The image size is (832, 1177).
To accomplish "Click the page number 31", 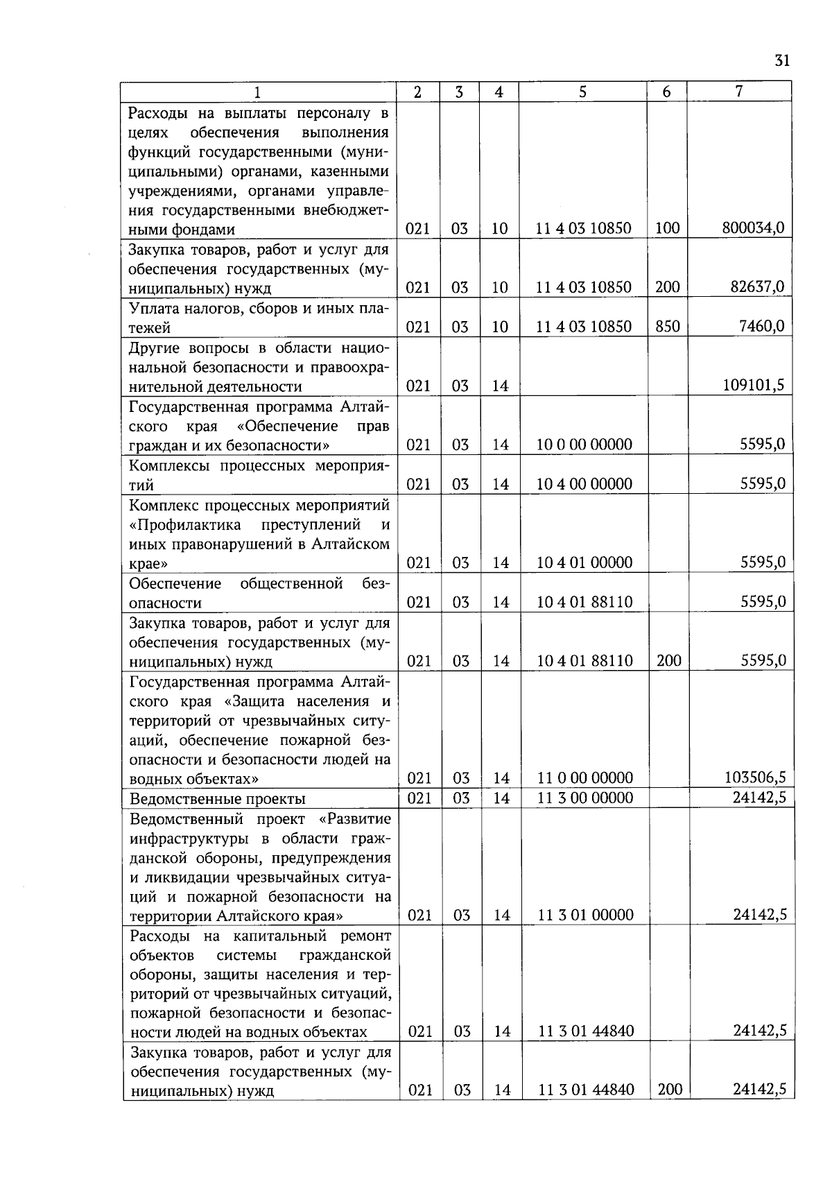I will (782, 61).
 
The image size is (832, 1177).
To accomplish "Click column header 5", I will (582, 92).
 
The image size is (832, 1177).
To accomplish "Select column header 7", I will (739, 92).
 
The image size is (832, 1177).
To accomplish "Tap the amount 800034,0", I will (753, 227).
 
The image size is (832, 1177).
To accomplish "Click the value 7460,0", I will (761, 326).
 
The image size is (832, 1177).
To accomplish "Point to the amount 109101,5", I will (753, 386).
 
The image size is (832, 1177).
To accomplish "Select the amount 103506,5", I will (754, 778).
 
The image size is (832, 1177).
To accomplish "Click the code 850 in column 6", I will (668, 326).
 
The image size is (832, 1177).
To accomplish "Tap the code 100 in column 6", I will (667, 227).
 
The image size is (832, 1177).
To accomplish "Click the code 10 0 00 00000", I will (584, 445).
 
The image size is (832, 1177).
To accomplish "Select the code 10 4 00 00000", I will (584, 484).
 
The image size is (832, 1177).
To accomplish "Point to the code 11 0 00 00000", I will (585, 778).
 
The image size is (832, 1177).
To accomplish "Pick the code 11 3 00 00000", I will (585, 798).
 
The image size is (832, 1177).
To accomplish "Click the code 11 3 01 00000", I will (586, 916).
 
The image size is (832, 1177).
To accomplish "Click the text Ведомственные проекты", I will (218, 799).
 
